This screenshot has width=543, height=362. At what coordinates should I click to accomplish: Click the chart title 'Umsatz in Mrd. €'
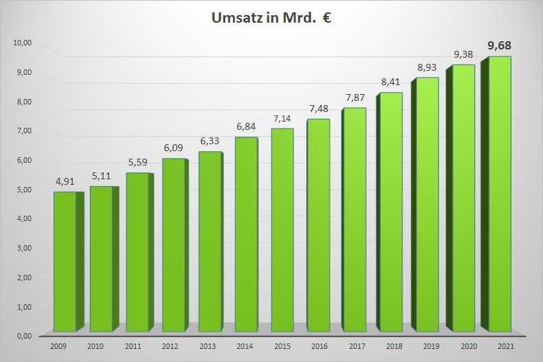point(272,18)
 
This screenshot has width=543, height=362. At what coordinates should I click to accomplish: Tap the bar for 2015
point(281,230)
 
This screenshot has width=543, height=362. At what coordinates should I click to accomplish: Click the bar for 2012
point(173,245)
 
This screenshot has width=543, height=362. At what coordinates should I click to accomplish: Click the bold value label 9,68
point(499,46)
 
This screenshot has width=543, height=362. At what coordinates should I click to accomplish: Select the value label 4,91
point(67,182)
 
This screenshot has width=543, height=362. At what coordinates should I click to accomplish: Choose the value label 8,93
point(427,68)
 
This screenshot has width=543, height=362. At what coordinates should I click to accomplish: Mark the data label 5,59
point(139,163)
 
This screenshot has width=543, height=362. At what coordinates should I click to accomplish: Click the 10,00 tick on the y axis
point(23,43)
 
